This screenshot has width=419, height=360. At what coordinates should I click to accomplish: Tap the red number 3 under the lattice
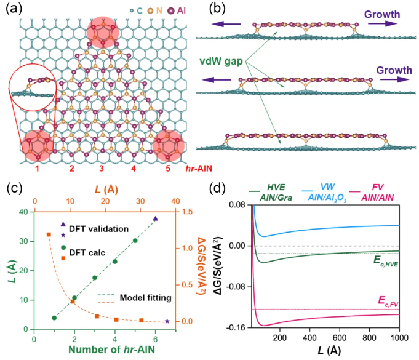pyautogui.click(x=103, y=168)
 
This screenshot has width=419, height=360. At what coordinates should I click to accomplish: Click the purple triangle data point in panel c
pyautogui.click(x=155, y=218)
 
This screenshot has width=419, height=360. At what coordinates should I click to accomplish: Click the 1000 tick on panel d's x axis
pyautogui.click(x=399, y=338)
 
